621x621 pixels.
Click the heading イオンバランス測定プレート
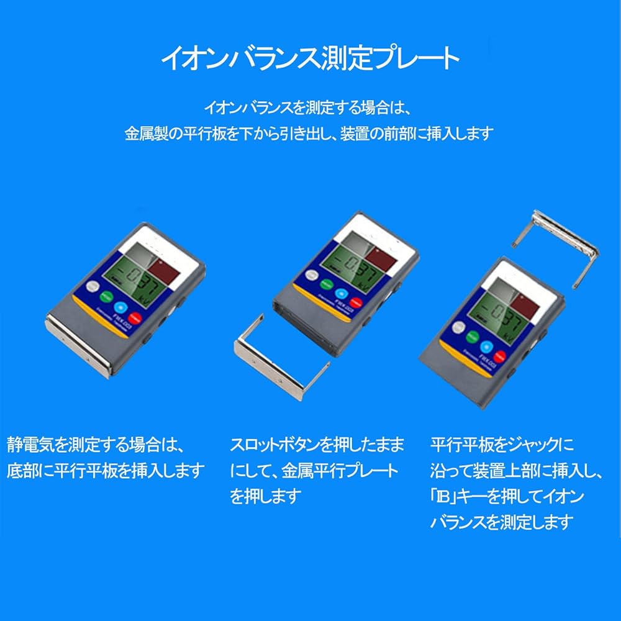pos(310,58)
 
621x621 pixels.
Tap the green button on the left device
pos(109,296)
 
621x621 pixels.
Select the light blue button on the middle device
pos(341,294)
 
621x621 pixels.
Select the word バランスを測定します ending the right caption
pos(501,522)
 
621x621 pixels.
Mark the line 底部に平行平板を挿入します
pos(105,470)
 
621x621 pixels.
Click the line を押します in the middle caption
pos(266,496)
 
